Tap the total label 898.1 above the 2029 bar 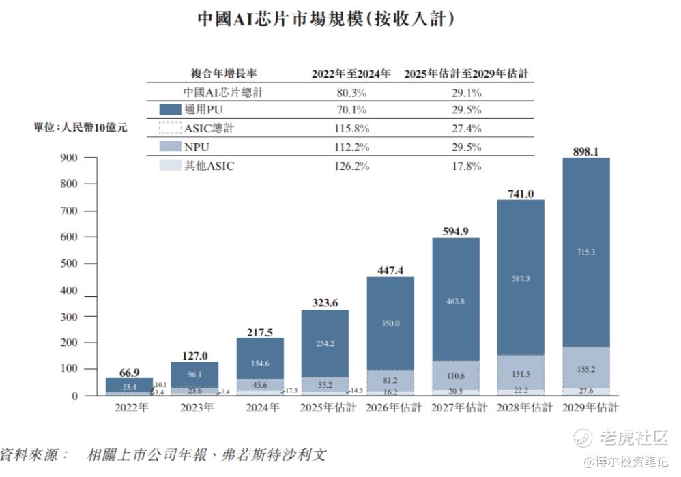point(585,151)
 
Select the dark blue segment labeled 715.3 point(585,252)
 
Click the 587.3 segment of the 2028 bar point(521,278)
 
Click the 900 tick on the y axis point(71,158)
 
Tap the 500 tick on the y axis point(71,263)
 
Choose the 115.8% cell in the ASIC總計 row point(351,128)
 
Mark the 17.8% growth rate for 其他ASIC point(467,166)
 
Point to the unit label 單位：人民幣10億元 point(81,127)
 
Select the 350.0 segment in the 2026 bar point(390,323)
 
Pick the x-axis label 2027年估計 point(456,408)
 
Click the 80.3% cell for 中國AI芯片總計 point(351,92)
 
